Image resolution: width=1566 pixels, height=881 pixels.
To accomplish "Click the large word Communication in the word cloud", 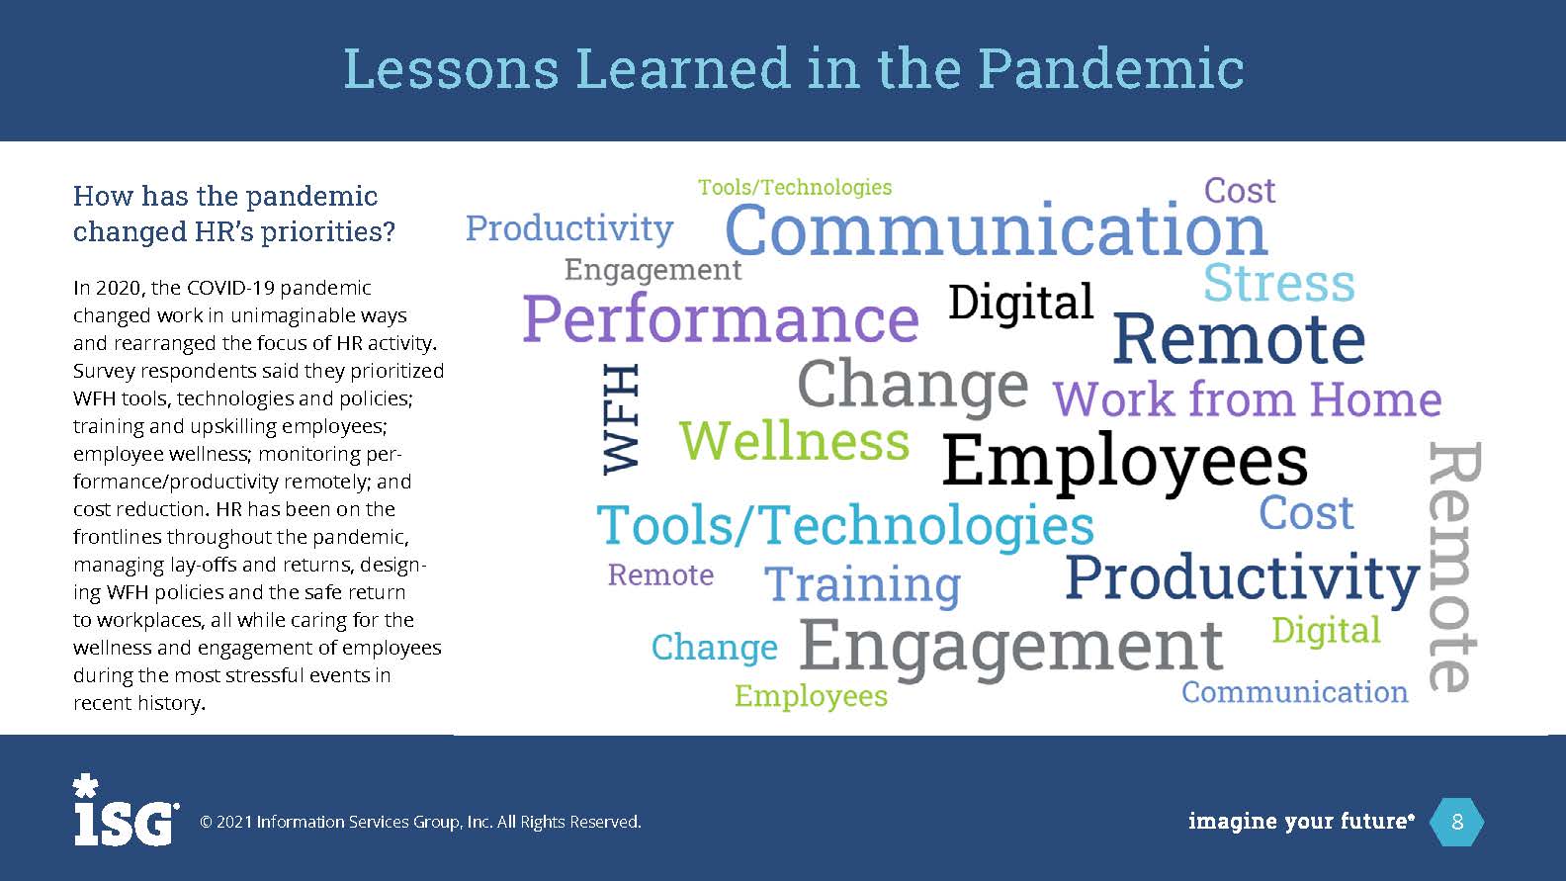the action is [997, 229].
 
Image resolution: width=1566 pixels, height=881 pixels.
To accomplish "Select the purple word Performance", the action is [721, 319].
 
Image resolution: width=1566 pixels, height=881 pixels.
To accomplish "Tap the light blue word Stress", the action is [1278, 283].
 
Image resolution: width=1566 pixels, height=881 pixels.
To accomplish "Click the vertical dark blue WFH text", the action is [620, 419].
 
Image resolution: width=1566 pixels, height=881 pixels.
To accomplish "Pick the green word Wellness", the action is [794, 441].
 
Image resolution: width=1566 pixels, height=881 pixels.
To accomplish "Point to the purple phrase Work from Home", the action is [1248, 399].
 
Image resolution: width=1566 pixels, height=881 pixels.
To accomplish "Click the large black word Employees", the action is [1124, 462].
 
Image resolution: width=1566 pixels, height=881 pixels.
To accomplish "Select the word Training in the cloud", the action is [862, 584].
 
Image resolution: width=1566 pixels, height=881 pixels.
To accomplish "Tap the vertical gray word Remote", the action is [1454, 567].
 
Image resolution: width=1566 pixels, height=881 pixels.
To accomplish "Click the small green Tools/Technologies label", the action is [795, 188].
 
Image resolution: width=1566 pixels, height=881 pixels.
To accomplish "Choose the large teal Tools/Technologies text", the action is [844, 526].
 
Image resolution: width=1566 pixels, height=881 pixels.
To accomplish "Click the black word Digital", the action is [1020, 302].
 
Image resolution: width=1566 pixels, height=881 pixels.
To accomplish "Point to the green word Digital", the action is [1326, 631].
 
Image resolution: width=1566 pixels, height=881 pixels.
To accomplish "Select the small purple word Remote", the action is [660, 574].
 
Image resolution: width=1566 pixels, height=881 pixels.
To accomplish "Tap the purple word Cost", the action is [1240, 190].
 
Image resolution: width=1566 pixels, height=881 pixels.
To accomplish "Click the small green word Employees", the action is [811, 696].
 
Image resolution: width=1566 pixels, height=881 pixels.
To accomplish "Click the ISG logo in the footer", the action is [126, 810].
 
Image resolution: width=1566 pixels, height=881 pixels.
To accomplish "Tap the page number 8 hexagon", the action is [1457, 822].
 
